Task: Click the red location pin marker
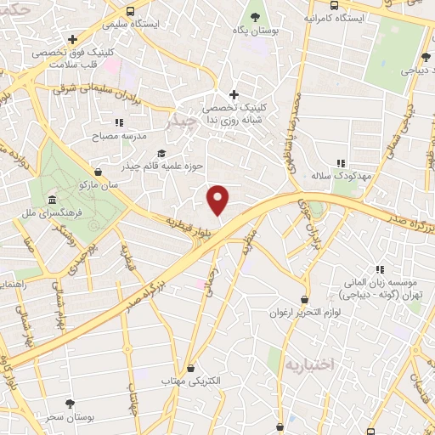click(218, 199)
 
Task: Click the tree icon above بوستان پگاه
click(256, 15)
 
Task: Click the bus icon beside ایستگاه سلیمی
click(130, 11)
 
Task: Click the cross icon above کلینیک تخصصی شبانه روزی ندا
click(234, 94)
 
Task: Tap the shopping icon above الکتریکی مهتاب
click(190, 369)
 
